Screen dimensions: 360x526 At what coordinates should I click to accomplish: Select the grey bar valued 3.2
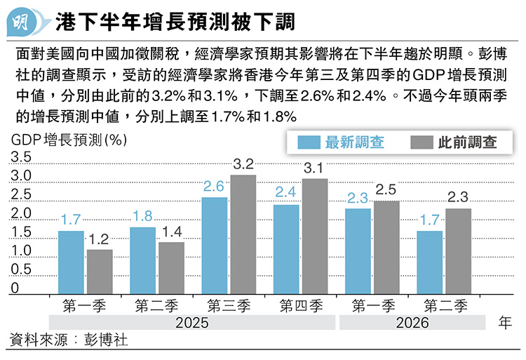[243, 232]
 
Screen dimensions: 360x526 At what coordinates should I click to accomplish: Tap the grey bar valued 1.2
[100, 269]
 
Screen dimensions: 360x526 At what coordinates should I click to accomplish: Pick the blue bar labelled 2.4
[286, 246]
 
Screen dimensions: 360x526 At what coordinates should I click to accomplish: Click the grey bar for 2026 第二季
[458, 248]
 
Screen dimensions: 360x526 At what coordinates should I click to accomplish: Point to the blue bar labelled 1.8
[142, 258]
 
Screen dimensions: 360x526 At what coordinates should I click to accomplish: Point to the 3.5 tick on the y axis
[22, 156]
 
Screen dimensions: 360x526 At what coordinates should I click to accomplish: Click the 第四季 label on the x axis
[300, 305]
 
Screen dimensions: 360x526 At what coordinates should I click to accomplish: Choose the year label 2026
[412, 323]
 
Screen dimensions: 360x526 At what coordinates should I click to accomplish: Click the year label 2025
[193, 323]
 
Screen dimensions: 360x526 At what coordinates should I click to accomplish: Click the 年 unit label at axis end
[504, 323]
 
